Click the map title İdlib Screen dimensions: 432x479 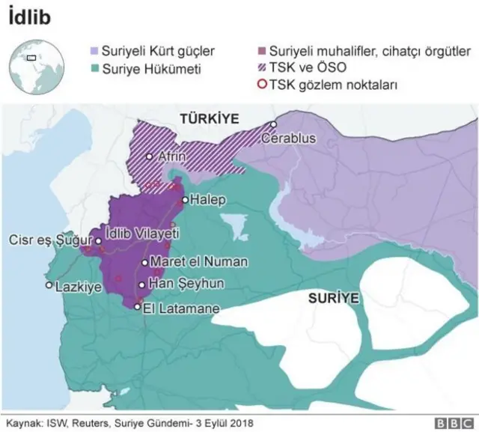coord(31,16)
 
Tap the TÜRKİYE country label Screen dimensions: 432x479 coord(208,118)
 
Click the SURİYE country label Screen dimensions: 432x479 coord(334,298)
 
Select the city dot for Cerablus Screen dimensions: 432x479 coord(275,125)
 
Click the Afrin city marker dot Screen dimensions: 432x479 coord(150,156)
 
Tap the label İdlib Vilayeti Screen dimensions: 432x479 coord(143,234)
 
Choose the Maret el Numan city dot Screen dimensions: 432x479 coord(144,263)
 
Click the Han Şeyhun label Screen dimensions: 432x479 coord(181,285)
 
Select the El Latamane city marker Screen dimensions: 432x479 coord(137,305)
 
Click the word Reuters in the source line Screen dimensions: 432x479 coord(88,422)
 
